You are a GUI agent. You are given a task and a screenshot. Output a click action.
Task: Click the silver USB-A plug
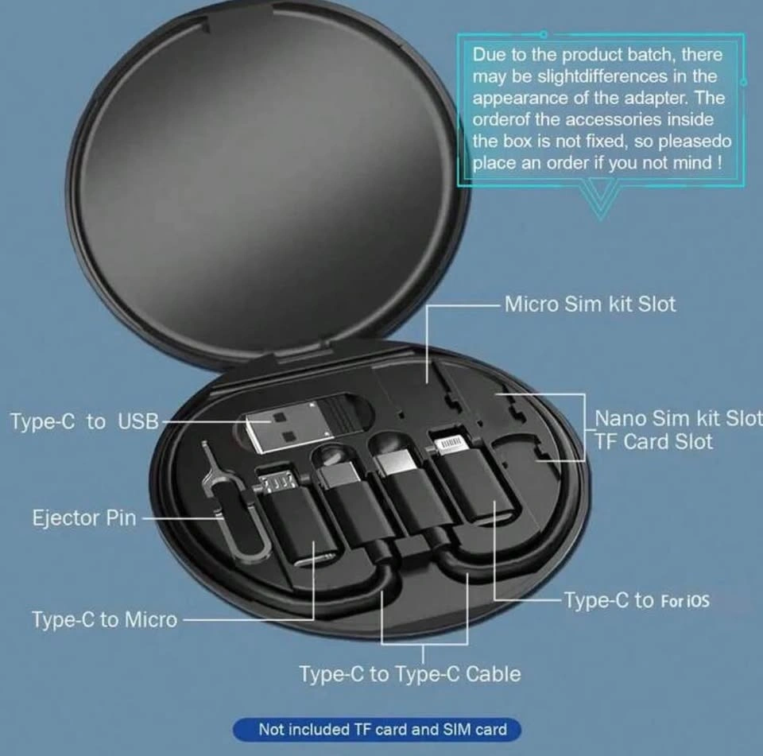pyautogui.click(x=282, y=426)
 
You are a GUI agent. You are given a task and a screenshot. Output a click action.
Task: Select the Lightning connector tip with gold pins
pyautogui.click(x=450, y=445)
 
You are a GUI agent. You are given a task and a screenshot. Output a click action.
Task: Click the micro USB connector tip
pyautogui.click(x=278, y=482)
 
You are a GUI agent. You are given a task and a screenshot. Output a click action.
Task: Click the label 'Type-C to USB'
pyautogui.click(x=85, y=421)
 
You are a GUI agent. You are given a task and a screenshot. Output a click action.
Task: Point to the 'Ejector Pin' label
pyautogui.click(x=84, y=518)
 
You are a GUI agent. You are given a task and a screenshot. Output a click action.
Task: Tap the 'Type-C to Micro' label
pyautogui.click(x=105, y=620)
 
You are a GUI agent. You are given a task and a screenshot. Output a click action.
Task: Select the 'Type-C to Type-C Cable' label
pyautogui.click(x=410, y=674)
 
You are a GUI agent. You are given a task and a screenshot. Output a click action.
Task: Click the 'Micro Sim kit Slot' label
pyautogui.click(x=590, y=304)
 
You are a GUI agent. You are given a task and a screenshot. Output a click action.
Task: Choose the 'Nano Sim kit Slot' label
pyautogui.click(x=678, y=418)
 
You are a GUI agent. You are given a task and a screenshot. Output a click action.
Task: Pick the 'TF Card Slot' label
pyautogui.click(x=653, y=441)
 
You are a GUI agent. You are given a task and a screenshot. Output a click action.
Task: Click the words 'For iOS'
pyautogui.click(x=685, y=601)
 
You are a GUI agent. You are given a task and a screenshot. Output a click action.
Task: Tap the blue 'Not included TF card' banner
pyautogui.click(x=377, y=730)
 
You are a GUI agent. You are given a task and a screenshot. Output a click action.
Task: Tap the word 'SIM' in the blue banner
pyautogui.click(x=456, y=730)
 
